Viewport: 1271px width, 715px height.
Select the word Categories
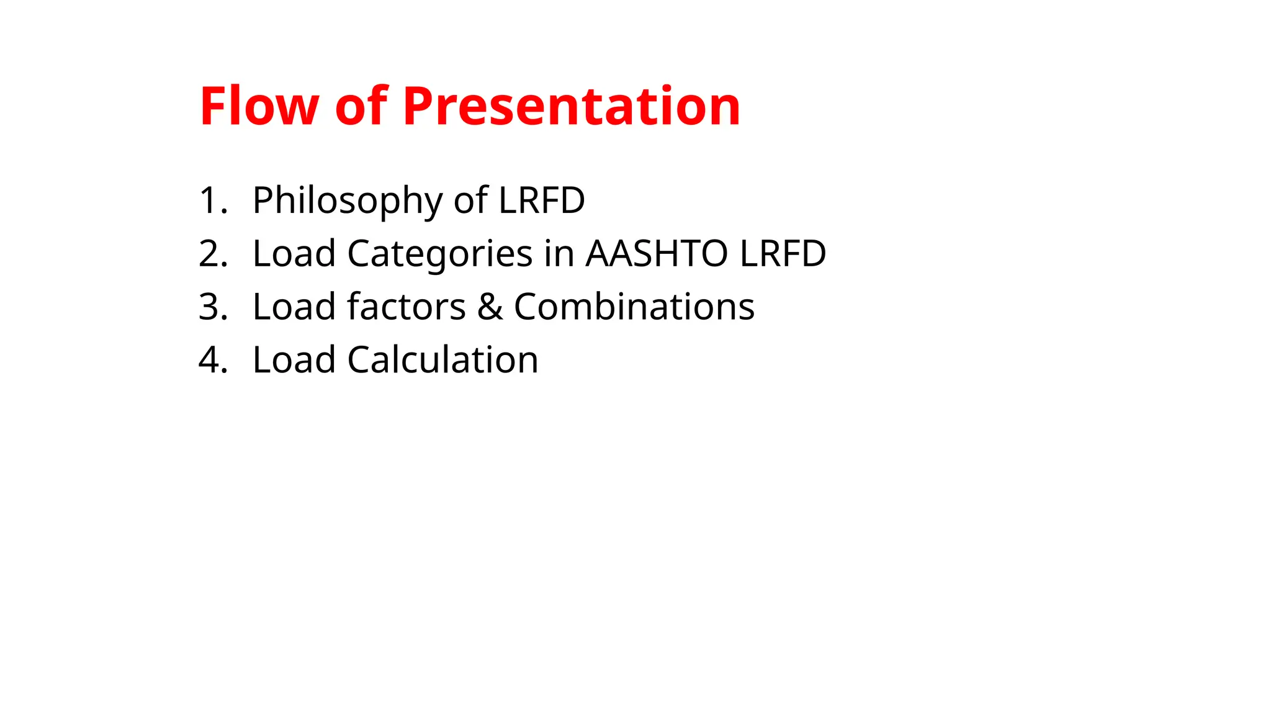[x=439, y=254]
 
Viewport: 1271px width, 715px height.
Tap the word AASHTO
[x=657, y=254]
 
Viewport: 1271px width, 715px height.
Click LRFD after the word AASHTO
[x=783, y=254]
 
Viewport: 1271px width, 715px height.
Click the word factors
[x=406, y=307]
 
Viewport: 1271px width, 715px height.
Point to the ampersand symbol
[x=490, y=307]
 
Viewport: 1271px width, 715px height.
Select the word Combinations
[x=634, y=307]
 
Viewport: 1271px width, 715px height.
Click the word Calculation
[x=442, y=360]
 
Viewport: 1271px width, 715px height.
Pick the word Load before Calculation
[x=294, y=360]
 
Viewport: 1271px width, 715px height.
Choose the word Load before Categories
[x=294, y=254]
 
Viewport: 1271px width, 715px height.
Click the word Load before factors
[x=294, y=307]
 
